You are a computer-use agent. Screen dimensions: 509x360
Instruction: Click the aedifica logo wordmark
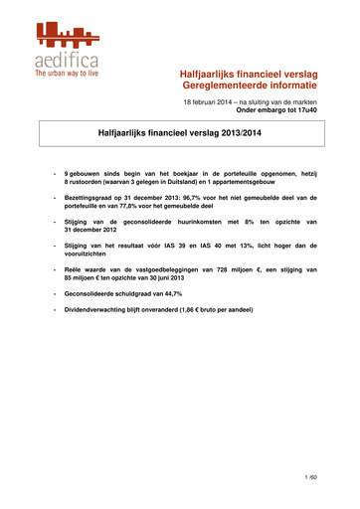click(x=67, y=58)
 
